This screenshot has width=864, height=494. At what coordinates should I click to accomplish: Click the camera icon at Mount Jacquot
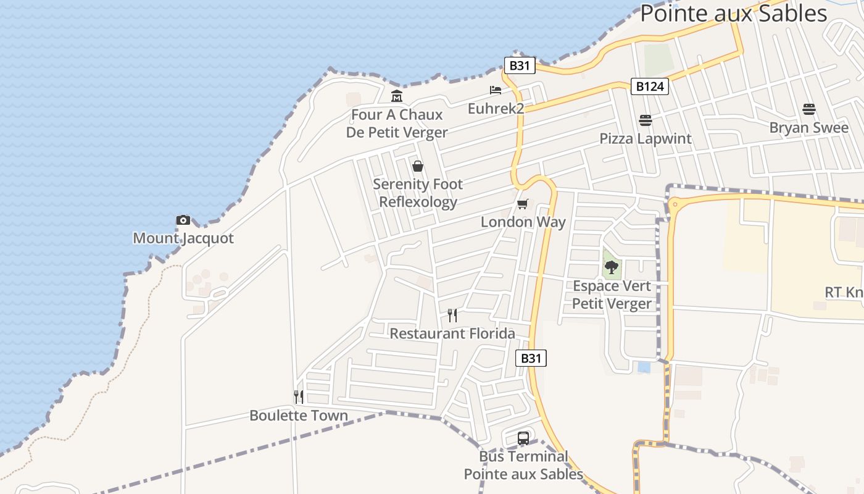pos(183,220)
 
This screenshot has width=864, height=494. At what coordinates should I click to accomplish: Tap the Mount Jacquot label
pos(183,238)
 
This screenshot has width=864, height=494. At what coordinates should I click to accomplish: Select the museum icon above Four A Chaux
pos(396,96)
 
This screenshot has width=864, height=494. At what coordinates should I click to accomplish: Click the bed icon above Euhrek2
pos(496,90)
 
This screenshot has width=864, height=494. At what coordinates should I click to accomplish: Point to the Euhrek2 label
pos(496,109)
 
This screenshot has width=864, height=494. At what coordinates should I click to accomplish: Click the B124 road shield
pos(650,86)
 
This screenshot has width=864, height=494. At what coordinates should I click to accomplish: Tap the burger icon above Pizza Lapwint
pos(646,120)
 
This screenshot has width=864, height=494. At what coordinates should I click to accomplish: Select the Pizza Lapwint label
pos(646,138)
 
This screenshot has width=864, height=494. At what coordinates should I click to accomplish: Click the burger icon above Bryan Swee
pos(809,109)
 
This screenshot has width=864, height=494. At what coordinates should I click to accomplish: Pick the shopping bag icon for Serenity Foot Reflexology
pos(418,166)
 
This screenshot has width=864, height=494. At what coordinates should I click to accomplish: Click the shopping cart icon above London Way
pos(523,204)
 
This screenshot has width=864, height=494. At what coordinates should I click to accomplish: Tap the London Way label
pos(523,222)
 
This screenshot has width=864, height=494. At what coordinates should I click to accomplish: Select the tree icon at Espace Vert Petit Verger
pos(612,267)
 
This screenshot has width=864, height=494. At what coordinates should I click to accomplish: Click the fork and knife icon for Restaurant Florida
pos(452,316)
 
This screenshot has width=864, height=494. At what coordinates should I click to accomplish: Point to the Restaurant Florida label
pos(452,334)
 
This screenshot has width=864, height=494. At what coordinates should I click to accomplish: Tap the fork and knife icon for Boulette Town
pos(299,396)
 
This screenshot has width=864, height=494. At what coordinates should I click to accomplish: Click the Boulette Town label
pos(299,416)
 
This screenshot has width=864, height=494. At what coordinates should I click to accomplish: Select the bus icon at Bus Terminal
pos(523,438)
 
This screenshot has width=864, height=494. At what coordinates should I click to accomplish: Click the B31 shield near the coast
pos(519,65)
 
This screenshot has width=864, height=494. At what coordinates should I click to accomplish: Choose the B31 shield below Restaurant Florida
pos(531,358)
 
